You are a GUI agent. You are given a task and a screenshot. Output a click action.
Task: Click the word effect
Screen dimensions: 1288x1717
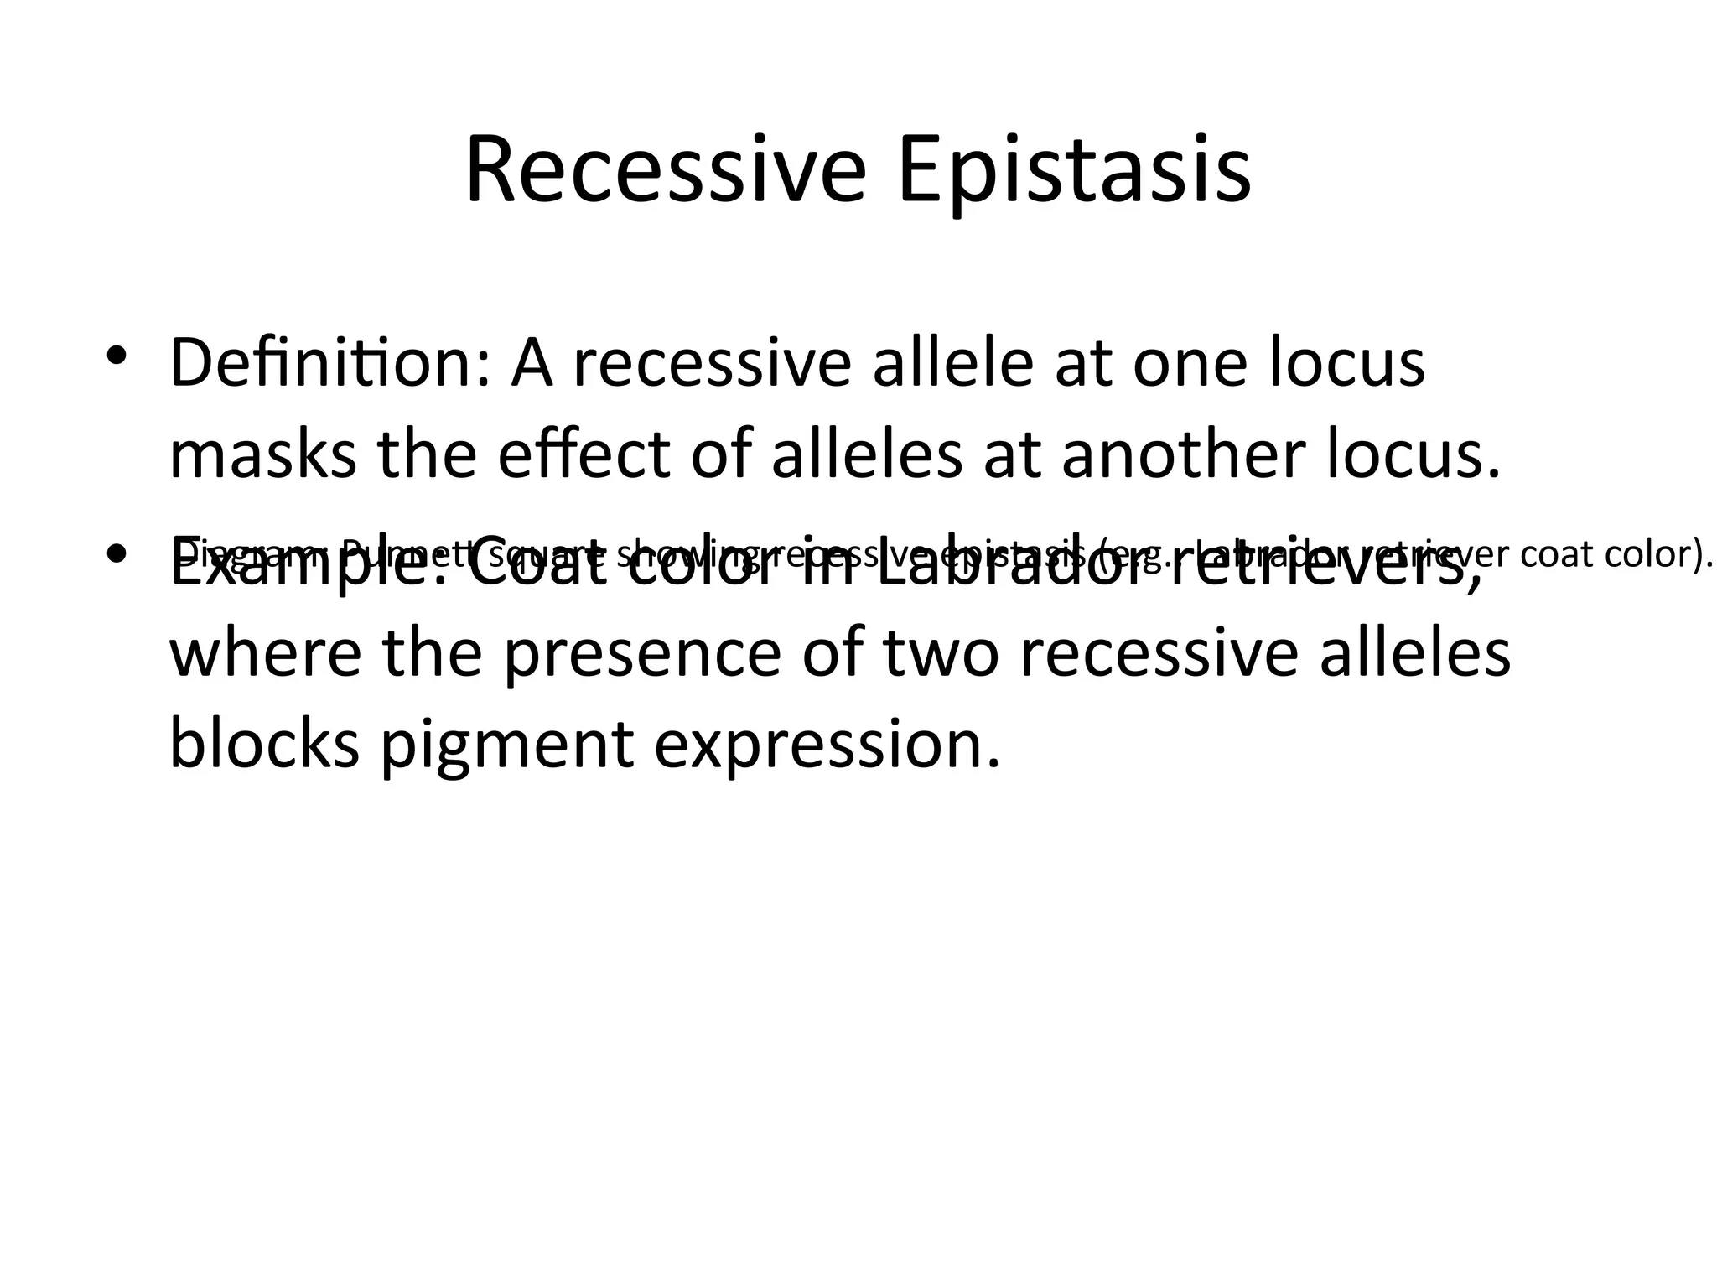click(x=584, y=455)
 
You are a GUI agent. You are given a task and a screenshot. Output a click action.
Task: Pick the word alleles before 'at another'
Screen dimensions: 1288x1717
click(x=866, y=455)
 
